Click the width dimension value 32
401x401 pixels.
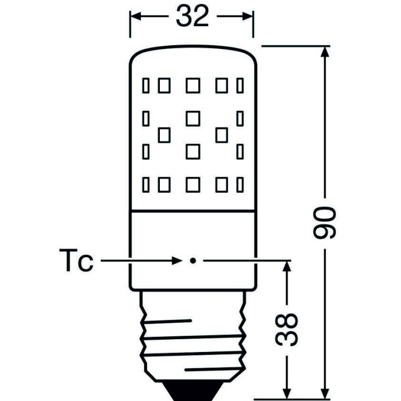pos(192,17)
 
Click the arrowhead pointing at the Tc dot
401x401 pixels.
pos(177,261)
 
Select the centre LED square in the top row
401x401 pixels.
pos(192,85)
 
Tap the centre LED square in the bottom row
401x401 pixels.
pos(192,184)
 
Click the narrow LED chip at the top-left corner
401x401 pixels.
pos(146,85)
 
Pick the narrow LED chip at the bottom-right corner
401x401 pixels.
pos(240,184)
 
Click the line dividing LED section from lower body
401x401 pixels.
pos(192,211)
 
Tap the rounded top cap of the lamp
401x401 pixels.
pos(192,56)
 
